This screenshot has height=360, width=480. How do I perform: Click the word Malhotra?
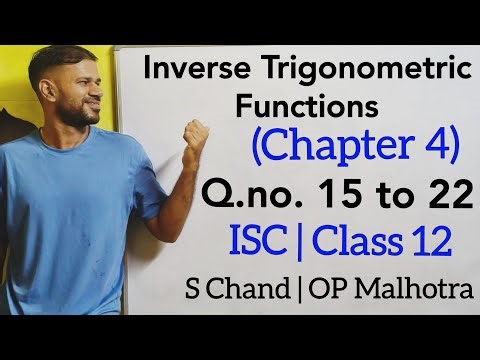pos(423,290)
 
